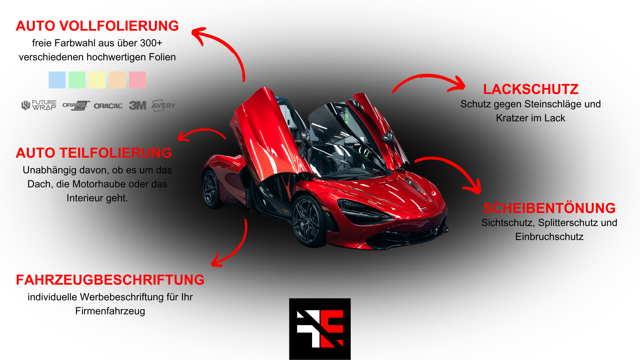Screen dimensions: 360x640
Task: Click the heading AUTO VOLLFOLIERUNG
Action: click(x=97, y=26)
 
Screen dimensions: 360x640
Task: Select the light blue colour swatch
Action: click(x=57, y=80)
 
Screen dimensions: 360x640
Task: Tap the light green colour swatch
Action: click(x=77, y=80)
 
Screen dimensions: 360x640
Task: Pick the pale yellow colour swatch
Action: click(x=97, y=80)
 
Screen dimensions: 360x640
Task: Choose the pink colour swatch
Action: click(x=137, y=80)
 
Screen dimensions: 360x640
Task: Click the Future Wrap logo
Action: click(x=39, y=105)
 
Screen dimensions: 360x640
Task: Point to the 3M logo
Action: click(x=137, y=105)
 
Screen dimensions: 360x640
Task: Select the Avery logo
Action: click(x=163, y=105)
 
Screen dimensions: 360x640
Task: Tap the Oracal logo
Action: click(x=108, y=106)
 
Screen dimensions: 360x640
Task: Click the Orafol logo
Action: click(x=76, y=105)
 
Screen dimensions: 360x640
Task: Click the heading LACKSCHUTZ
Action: click(x=531, y=89)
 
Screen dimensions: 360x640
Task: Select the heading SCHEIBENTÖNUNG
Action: click(x=549, y=208)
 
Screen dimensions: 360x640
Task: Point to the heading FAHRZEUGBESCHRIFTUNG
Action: click(x=110, y=280)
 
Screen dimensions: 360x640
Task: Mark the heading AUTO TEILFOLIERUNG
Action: click(x=94, y=153)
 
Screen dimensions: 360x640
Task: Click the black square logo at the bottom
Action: click(x=320, y=329)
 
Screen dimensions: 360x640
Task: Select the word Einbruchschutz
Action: click(x=549, y=237)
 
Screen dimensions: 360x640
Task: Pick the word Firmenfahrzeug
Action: click(x=110, y=311)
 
